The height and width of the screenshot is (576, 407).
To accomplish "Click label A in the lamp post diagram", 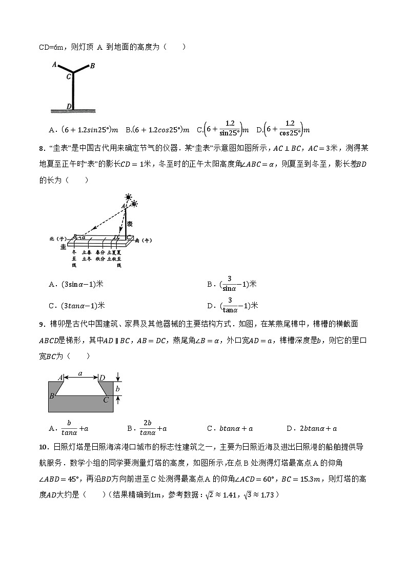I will pyautogui.click(x=54, y=65).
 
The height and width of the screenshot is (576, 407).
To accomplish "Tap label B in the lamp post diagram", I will pyautogui.click(x=92, y=66).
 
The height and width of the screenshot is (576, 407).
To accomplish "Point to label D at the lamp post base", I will pyautogui.click(x=69, y=106).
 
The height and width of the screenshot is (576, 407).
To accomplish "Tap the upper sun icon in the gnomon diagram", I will pyautogui.click(x=128, y=197).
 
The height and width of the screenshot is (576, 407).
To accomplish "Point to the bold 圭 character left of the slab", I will pyautogui.click(x=64, y=247).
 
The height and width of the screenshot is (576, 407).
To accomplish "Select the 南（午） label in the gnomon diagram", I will pyautogui.click(x=144, y=240).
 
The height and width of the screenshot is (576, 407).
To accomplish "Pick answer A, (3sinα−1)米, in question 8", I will pyautogui.click(x=82, y=284).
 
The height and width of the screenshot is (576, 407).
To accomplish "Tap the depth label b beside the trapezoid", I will pyautogui.click(x=117, y=389).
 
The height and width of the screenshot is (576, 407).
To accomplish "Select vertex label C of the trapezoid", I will pyautogui.click(x=106, y=400).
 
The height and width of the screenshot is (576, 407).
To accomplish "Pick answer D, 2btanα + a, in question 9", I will pyautogui.click(x=318, y=428).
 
